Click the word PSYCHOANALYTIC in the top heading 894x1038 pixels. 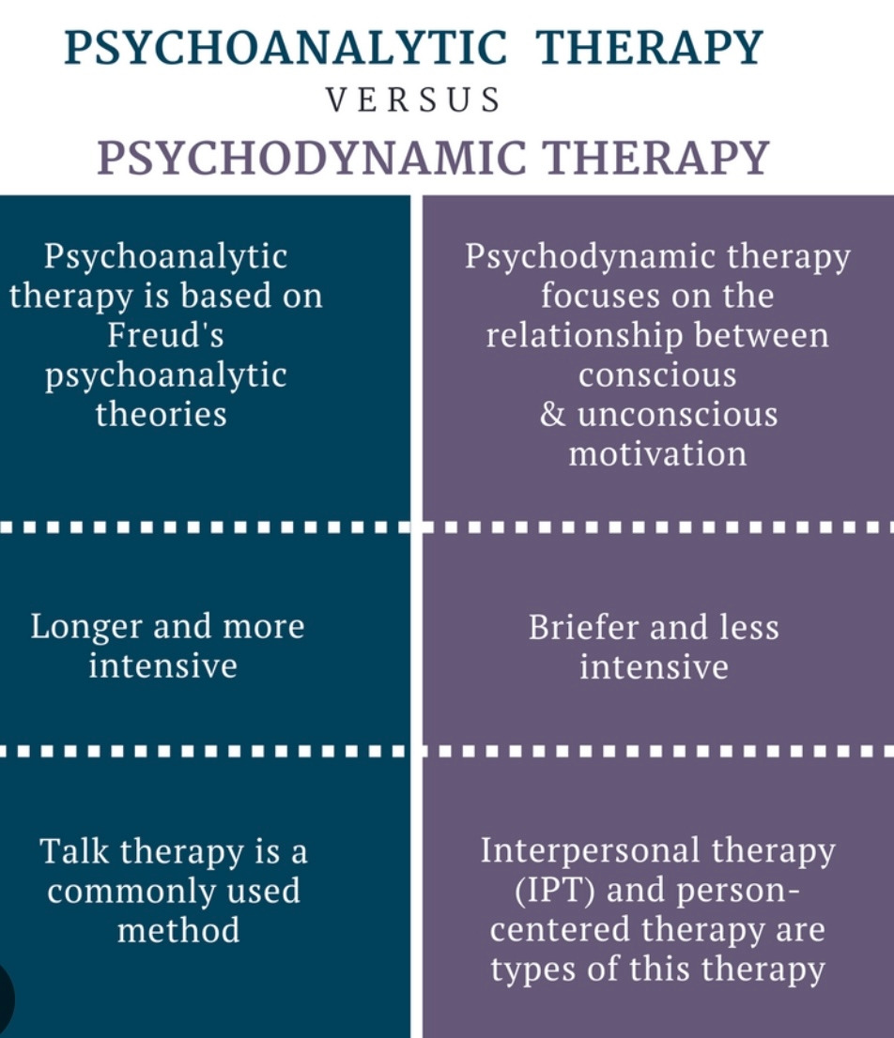click(x=285, y=49)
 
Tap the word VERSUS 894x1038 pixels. click(x=413, y=100)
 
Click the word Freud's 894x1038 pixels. click(x=165, y=334)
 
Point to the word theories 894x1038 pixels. click(x=162, y=414)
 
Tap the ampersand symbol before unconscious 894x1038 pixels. click(x=553, y=415)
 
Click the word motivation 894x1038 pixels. click(x=657, y=454)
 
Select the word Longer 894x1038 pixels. click(x=85, y=626)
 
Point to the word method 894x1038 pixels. click(x=178, y=930)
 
